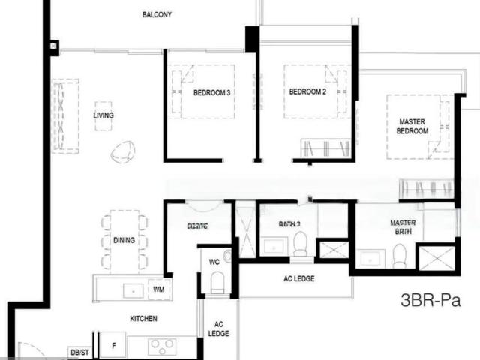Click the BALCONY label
[157, 14]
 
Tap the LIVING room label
[103, 115]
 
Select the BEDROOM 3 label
[211, 93]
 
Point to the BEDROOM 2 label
[307, 92]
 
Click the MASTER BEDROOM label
[413, 126]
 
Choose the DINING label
[124, 240]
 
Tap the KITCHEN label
[143, 319]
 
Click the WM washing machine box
[159, 288]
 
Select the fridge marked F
[113, 344]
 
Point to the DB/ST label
[79, 351]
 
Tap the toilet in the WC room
[217, 282]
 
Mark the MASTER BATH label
[403, 227]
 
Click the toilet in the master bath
[399, 256]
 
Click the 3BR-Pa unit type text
[430, 302]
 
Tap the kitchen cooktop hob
[161, 346]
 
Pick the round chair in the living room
[122, 152]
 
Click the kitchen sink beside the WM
[132, 289]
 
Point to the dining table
[124, 240]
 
